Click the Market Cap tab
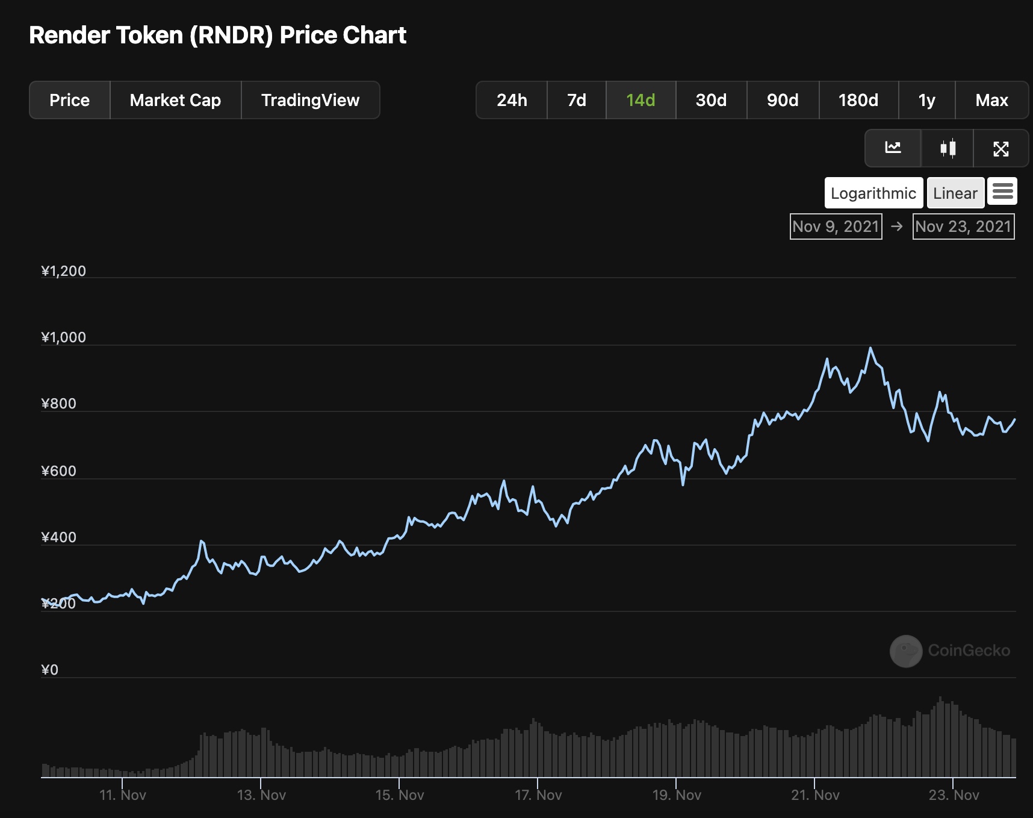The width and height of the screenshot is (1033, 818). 175,100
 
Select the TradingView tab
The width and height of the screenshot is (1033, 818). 310,100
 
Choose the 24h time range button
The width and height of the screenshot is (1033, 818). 512,100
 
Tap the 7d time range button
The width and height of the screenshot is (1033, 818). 577,100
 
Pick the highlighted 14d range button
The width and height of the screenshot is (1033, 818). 641,100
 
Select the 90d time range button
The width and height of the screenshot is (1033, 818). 783,100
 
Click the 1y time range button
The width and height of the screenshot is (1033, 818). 926,100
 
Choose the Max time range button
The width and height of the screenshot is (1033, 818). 991,100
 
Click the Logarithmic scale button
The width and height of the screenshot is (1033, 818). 873,193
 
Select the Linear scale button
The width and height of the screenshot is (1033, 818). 955,193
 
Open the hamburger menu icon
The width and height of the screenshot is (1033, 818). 1002,192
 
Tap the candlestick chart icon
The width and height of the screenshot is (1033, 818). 948,148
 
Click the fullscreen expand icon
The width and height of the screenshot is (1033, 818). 1000,148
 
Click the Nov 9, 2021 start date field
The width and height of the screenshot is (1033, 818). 836,226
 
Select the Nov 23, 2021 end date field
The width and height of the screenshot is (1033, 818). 963,226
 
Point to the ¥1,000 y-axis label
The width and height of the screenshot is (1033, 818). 64,337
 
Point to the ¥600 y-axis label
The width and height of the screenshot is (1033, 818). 59,471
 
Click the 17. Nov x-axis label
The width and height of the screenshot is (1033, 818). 538,795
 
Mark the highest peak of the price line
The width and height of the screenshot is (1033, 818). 870,348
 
